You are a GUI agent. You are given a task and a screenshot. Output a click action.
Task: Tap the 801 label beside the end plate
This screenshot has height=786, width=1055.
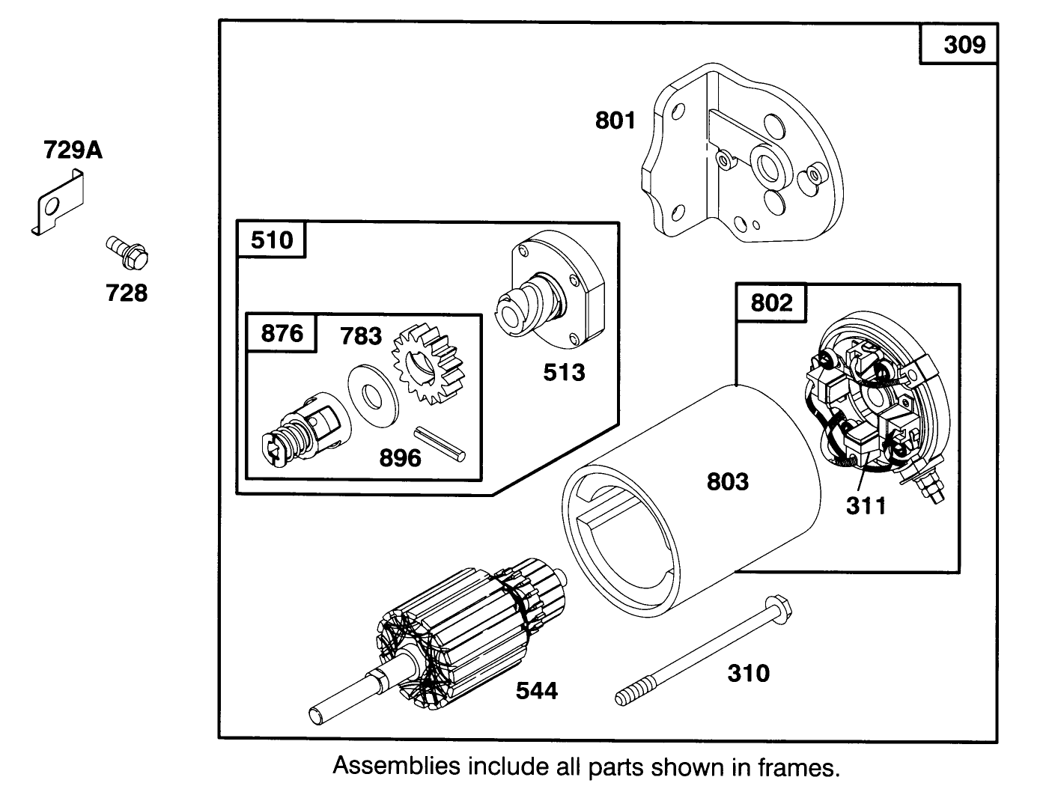pyautogui.click(x=615, y=120)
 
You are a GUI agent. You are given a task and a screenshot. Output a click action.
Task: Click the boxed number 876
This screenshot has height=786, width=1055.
pyautogui.click(x=282, y=333)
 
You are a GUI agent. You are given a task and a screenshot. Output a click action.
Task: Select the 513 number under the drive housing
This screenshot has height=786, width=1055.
pyautogui.click(x=564, y=372)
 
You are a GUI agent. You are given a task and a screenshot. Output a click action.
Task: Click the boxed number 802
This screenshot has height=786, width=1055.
pyautogui.click(x=770, y=302)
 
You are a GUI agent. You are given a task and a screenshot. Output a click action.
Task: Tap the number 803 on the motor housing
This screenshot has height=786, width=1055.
pyautogui.click(x=727, y=481)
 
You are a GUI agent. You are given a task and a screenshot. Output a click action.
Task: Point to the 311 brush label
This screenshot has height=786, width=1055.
pyautogui.click(x=866, y=506)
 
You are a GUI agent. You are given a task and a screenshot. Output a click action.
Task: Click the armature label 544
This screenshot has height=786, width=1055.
pyautogui.click(x=537, y=690)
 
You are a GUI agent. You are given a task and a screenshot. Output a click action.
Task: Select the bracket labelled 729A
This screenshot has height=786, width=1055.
pyautogui.click(x=58, y=203)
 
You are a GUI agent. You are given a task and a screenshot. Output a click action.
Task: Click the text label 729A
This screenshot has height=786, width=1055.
pyautogui.click(x=73, y=150)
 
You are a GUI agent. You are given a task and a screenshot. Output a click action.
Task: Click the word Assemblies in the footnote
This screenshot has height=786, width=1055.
pyautogui.click(x=396, y=767)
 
